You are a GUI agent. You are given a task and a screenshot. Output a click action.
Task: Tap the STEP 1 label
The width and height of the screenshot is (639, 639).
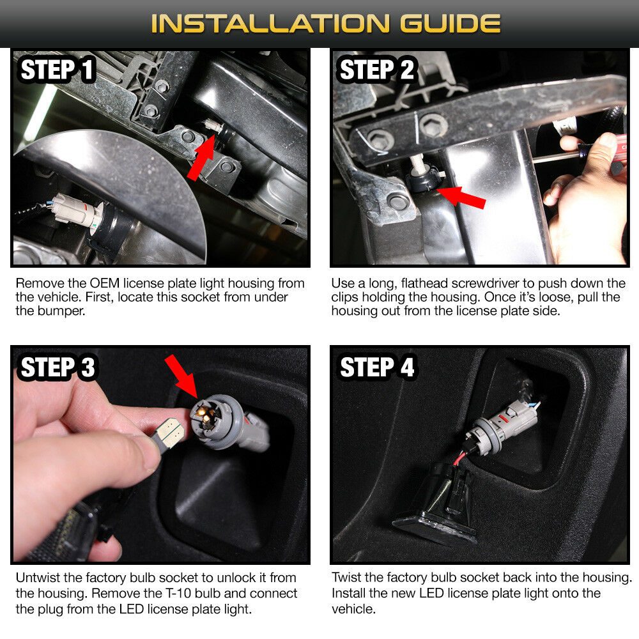coord(57,69)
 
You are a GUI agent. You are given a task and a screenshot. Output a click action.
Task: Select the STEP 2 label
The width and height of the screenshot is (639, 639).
coord(376,69)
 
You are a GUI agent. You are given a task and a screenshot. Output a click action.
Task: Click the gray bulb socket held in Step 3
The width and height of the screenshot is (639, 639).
coord(229,424)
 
